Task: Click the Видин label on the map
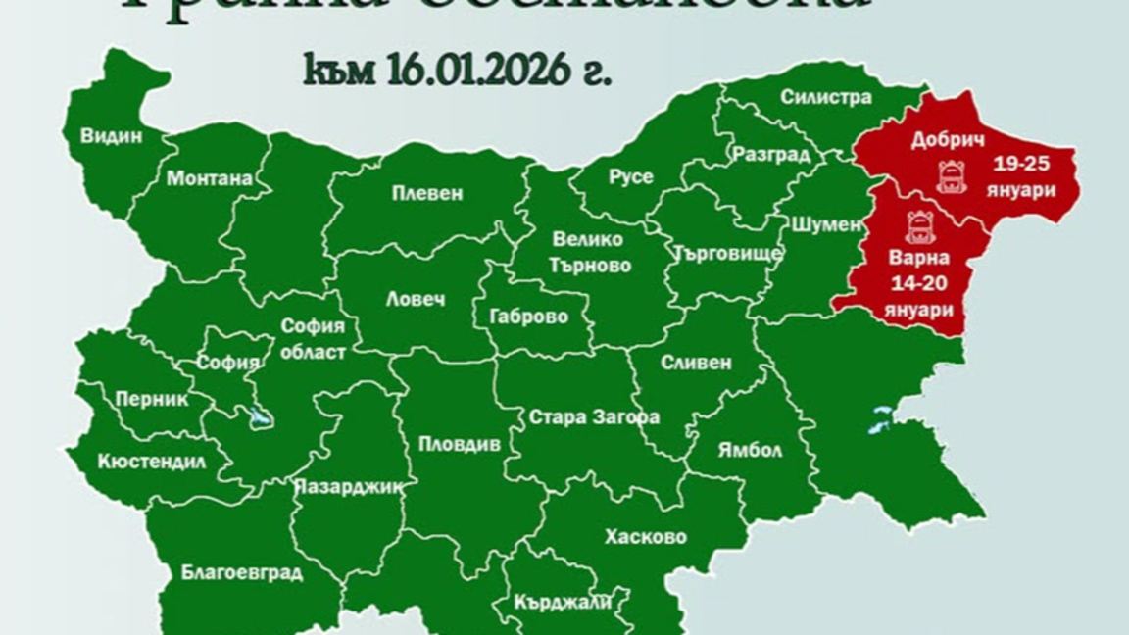tap(112, 137)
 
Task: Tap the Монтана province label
tap(210, 179)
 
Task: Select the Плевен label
tap(426, 193)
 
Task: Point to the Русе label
tap(630, 177)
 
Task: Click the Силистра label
tap(826, 97)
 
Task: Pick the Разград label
tap(771, 156)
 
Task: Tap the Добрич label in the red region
tap(947, 140)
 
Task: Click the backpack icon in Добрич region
tap(951, 177)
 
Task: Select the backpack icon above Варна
tap(918, 226)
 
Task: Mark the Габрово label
tap(533, 317)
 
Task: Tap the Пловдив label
tap(460, 444)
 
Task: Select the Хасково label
tap(645, 537)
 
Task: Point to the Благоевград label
tap(242, 573)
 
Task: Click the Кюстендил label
tap(152, 463)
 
